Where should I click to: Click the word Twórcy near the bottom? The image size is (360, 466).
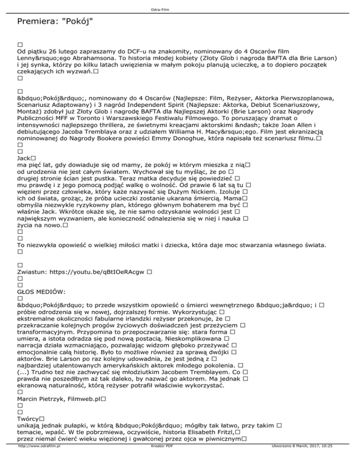(x=28, y=418)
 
